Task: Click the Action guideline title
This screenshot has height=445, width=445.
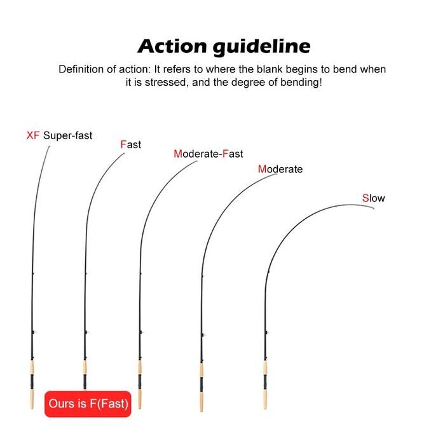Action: tap(224, 46)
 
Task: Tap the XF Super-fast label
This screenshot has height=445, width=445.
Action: tap(59, 135)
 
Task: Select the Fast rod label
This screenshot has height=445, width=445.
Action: tap(131, 145)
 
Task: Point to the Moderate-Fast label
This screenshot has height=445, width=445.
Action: tap(208, 154)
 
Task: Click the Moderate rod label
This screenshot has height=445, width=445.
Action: tap(280, 169)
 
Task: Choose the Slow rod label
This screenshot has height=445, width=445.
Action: tap(374, 198)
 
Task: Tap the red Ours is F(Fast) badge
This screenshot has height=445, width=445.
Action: tap(88, 403)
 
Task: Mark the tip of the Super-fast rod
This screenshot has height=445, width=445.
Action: tap(50, 147)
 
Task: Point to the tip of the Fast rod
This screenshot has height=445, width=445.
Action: tap(125, 153)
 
